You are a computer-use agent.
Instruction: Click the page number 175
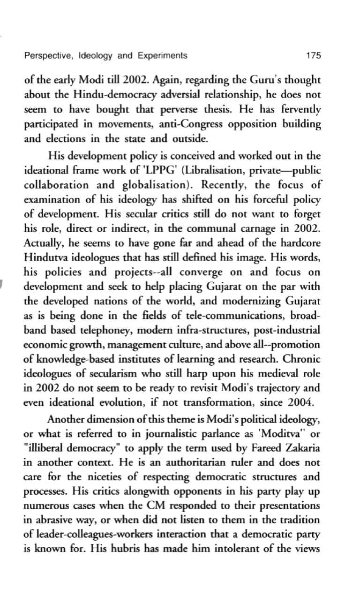tap(313, 56)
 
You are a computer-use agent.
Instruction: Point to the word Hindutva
tap(46, 258)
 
